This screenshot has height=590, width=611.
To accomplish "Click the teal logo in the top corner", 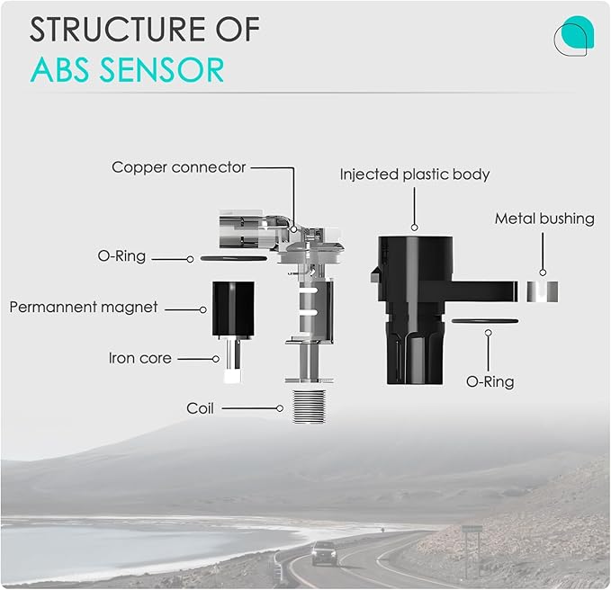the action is tap(574, 36).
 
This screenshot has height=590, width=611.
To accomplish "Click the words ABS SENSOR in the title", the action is tap(127, 70).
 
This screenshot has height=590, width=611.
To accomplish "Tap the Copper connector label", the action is tap(178, 167).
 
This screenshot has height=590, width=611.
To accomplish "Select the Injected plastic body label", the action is tap(415, 174).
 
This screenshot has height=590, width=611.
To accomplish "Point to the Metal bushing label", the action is tap(544, 219).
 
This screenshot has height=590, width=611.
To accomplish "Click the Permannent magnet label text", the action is tap(84, 307).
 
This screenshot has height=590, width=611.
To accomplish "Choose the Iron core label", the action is tap(139, 358).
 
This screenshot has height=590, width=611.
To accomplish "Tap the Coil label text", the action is tap(200, 408).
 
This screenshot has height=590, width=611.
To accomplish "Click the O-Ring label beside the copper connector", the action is tap(121, 256).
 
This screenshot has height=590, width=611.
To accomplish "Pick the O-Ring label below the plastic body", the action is tap(490, 381).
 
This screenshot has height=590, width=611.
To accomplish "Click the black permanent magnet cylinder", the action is tap(233, 308).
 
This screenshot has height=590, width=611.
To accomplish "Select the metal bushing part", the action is tap(543, 291).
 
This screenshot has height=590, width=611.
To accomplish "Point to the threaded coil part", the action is tap(309, 407).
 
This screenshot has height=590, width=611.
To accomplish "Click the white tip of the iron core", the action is tap(232, 377).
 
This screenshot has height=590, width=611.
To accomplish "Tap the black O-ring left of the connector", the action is tap(233, 258).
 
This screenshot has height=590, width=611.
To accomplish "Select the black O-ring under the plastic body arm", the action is tap(485, 321).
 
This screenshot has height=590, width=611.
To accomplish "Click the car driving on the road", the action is tap(325, 553).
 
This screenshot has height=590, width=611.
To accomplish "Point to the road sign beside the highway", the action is tap(472, 530).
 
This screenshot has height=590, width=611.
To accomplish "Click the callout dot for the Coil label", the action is tap(280, 408).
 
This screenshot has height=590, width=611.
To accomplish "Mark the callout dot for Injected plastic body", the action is tap(415, 228).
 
